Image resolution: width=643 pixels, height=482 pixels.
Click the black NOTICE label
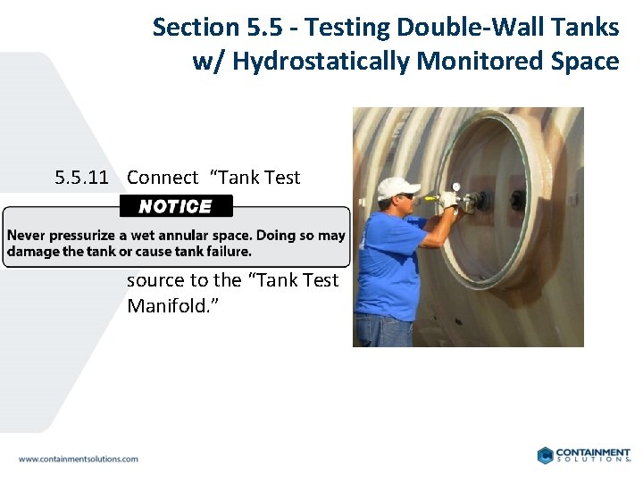[176, 206]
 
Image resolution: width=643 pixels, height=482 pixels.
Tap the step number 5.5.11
[81, 178]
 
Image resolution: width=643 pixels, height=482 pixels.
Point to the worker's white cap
[397, 187]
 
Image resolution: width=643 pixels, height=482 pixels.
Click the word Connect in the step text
[163, 178]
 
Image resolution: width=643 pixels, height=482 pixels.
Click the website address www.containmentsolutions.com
[79, 459]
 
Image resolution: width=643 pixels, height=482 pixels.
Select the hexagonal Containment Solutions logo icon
[546, 455]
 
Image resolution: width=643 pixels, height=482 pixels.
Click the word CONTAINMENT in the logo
[593, 453]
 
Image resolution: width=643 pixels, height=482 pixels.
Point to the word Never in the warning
[27, 236]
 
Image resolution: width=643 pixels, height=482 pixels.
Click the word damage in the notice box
[31, 252]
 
